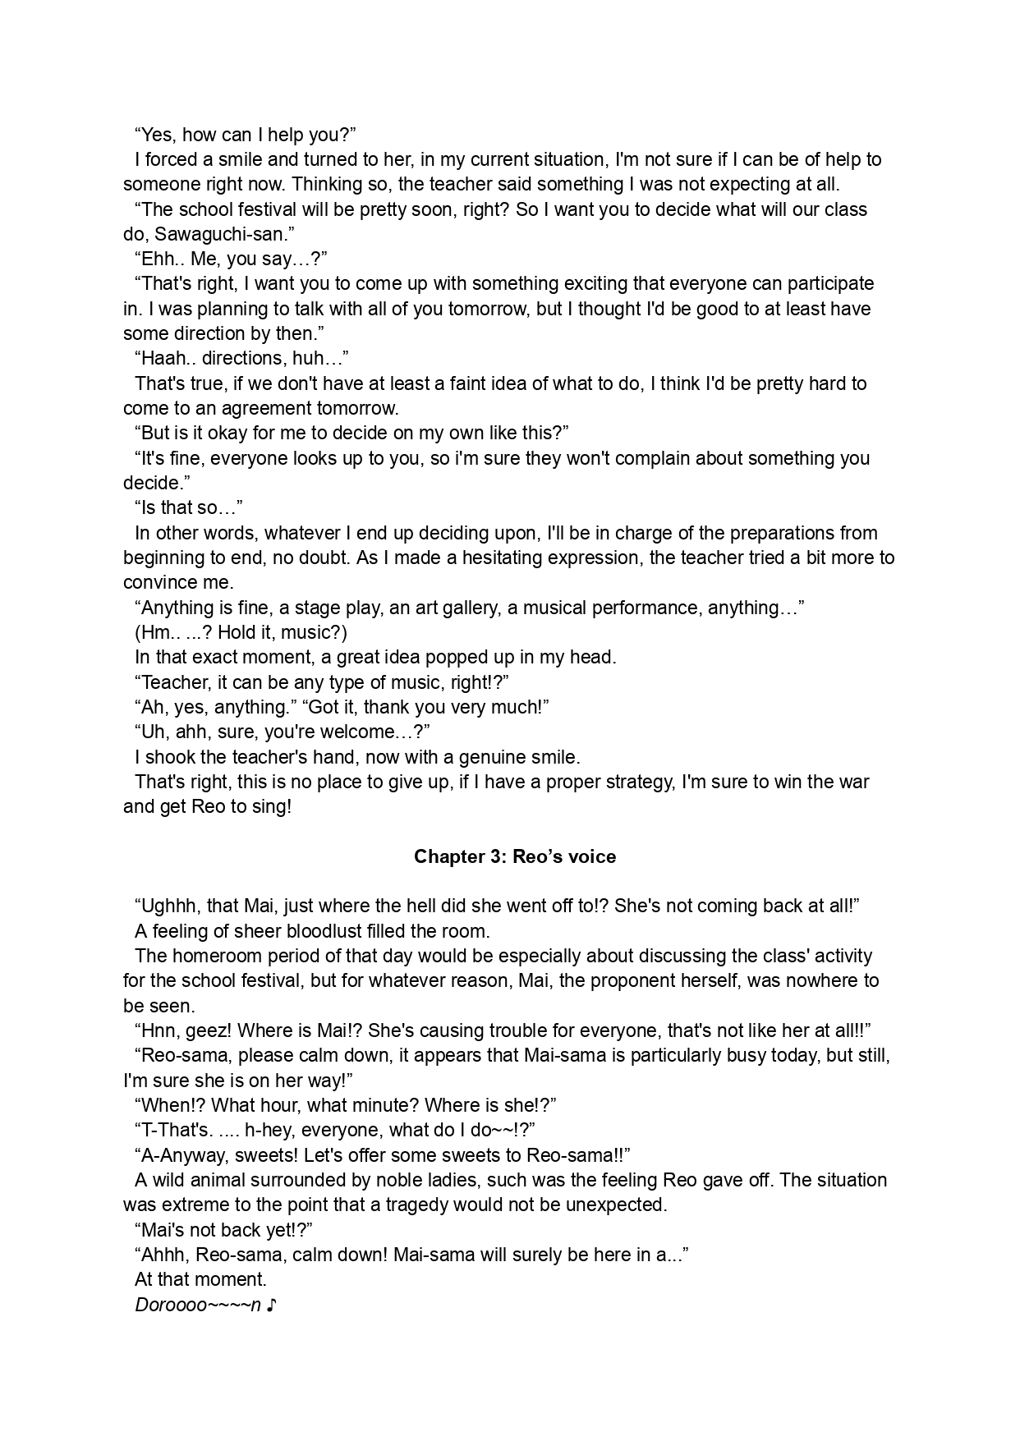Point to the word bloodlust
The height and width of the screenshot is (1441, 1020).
pyautogui.click(x=324, y=931)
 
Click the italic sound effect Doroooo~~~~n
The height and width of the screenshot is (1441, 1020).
pyautogui.click(x=198, y=1305)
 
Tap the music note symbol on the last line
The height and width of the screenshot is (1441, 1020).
pyautogui.click(x=272, y=1305)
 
